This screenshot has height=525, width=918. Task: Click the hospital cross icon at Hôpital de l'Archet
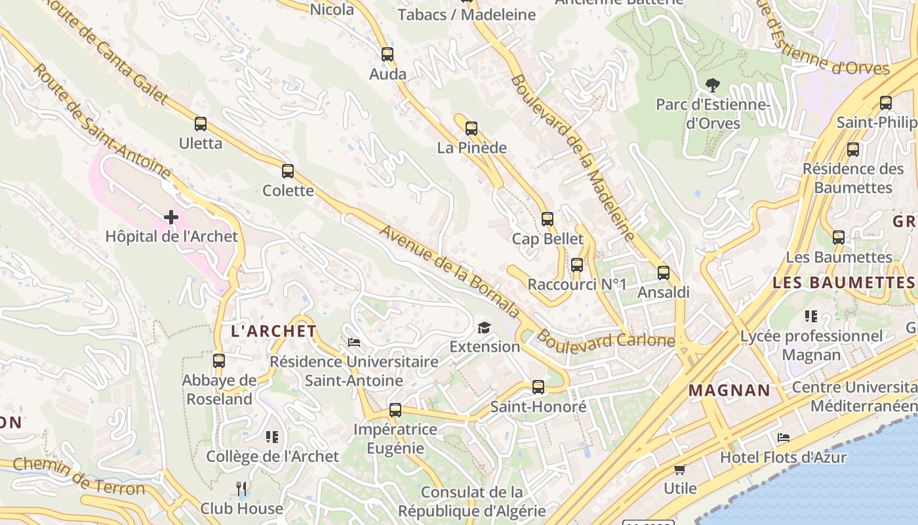click(171, 217)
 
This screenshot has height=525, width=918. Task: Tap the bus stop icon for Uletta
click(201, 123)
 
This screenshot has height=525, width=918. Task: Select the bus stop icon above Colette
click(288, 171)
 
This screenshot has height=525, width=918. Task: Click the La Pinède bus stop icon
click(471, 129)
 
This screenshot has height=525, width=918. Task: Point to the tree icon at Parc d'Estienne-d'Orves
click(713, 85)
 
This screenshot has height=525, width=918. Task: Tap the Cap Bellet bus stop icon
click(548, 219)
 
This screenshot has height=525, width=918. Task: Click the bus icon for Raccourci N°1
click(577, 265)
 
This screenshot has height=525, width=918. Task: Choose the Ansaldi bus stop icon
click(664, 273)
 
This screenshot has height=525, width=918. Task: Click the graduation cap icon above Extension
click(484, 327)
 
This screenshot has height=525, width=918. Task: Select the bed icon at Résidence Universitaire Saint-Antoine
click(354, 343)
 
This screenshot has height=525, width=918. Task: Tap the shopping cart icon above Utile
click(680, 469)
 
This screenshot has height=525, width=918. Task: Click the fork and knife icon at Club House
click(241, 488)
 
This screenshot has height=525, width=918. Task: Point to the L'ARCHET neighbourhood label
click(274, 331)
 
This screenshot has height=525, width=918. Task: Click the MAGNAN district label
click(729, 390)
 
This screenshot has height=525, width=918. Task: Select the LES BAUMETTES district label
click(843, 283)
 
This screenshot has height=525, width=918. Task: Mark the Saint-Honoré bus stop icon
click(538, 387)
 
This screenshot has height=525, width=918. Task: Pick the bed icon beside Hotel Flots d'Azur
click(784, 438)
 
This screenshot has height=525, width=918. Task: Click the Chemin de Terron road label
click(79, 476)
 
